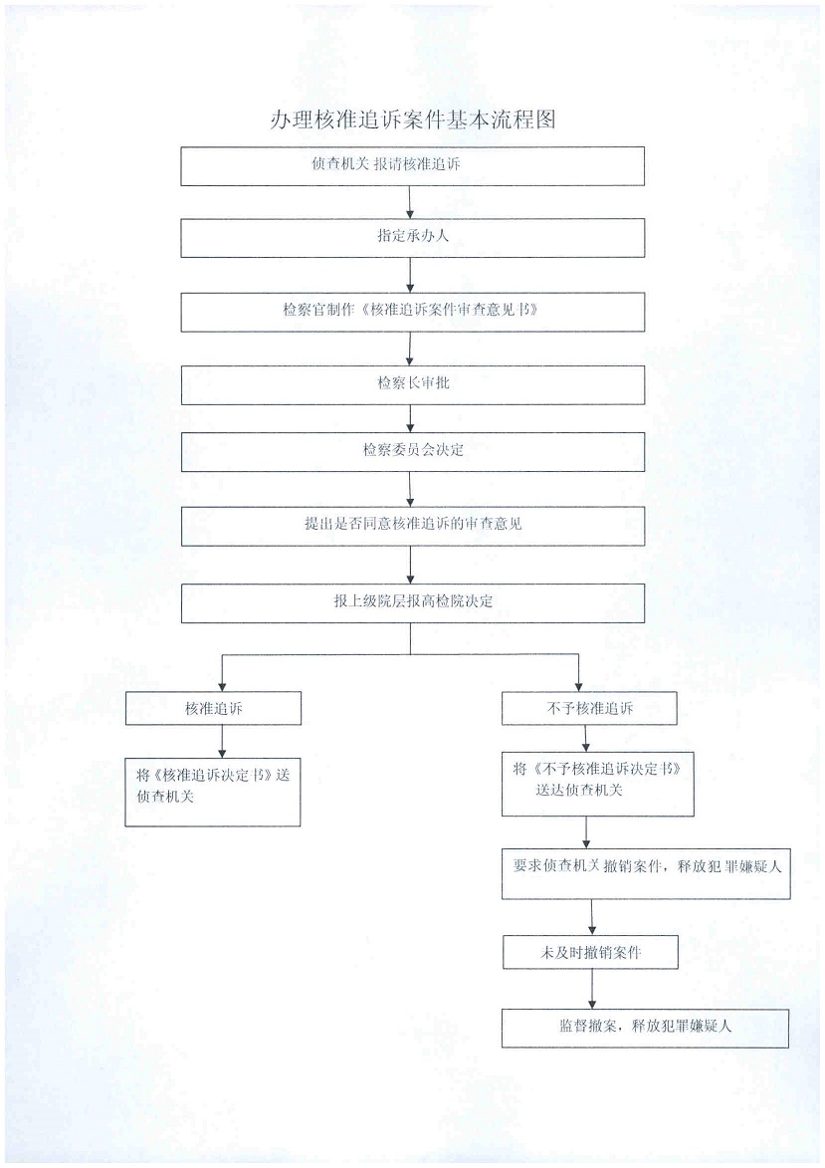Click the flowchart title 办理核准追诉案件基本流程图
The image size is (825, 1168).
coord(412,121)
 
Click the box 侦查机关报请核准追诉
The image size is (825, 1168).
coord(412,166)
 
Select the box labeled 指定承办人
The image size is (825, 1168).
coord(412,238)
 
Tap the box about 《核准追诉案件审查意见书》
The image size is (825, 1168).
coord(412,311)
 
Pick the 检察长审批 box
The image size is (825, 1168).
coord(412,382)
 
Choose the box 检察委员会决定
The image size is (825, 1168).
coord(412,451)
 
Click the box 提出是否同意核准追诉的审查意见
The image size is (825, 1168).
coord(412,525)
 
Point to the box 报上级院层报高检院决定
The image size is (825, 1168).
coord(412,602)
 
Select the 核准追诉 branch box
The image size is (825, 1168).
coord(213,708)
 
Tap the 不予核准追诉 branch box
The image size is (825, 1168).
coord(589,708)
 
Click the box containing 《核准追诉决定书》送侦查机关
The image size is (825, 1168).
coord(212,787)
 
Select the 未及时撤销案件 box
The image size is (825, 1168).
coord(591,952)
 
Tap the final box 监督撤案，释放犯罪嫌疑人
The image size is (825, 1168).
coord(645,1028)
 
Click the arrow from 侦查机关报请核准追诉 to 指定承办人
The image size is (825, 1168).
coord(410,202)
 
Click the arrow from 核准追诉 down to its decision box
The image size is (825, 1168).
coord(222,740)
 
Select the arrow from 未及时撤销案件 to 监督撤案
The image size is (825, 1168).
coord(593,989)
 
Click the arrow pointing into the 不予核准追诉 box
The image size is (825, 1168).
coord(579,674)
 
